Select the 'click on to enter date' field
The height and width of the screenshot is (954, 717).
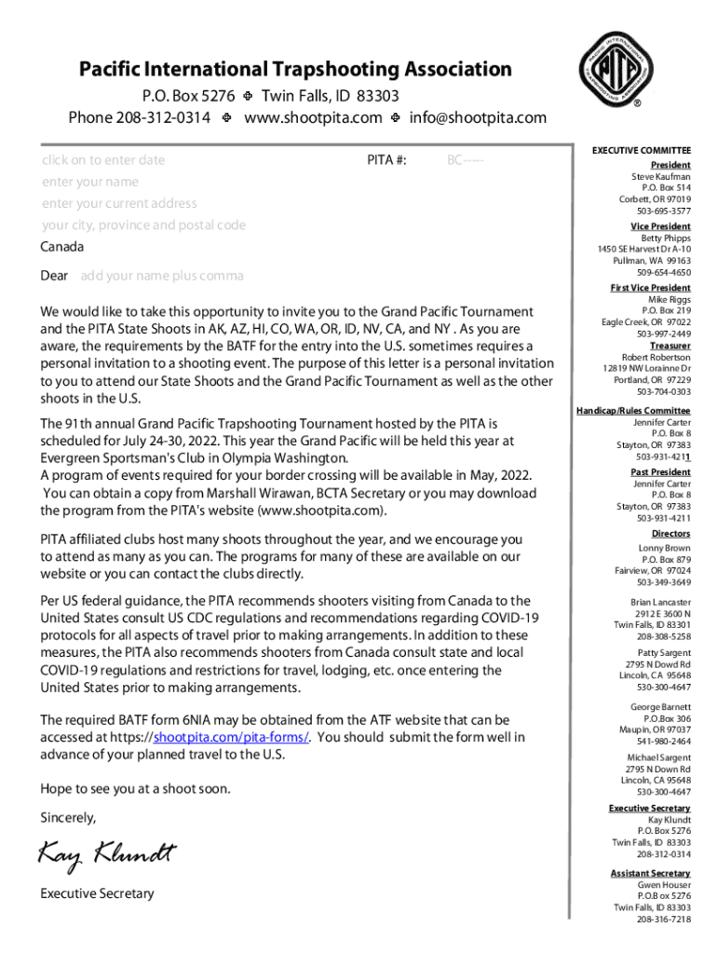click(x=103, y=160)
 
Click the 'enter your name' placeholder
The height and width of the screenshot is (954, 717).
click(x=89, y=182)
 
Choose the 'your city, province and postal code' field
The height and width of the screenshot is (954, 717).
click(x=143, y=225)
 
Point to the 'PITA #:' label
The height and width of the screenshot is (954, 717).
click(x=386, y=160)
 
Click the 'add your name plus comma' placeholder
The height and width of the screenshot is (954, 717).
click(x=162, y=276)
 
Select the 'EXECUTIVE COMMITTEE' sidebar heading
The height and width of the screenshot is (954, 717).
click(x=642, y=150)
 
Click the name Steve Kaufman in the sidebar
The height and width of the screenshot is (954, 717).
click(x=661, y=176)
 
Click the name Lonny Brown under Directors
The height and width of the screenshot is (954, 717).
click(x=664, y=549)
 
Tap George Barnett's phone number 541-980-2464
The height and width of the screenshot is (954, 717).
click(x=664, y=742)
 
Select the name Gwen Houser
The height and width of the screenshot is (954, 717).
click(x=664, y=884)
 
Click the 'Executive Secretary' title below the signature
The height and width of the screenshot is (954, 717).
click(x=97, y=893)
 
